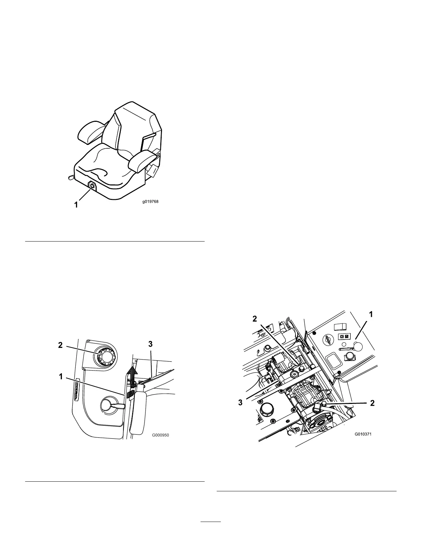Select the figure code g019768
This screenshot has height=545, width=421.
coord(151,202)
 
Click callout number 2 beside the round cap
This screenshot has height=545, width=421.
coord(61,345)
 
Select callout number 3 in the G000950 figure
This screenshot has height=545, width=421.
coord(150,344)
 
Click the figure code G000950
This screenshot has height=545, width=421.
coord(160,435)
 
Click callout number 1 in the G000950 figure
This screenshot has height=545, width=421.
coord(61,377)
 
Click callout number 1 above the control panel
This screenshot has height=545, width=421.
coord(371,314)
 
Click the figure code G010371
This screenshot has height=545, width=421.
coord(363,434)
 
